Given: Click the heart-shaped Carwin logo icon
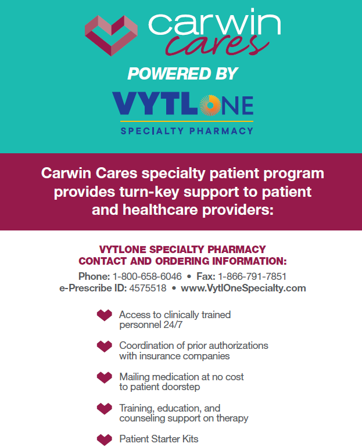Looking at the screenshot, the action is [111, 35].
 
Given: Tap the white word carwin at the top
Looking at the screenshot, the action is [214, 23].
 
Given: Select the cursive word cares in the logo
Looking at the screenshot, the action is [217, 45].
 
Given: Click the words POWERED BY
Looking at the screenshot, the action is [182, 74].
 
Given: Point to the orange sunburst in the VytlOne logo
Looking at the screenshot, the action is [210, 105].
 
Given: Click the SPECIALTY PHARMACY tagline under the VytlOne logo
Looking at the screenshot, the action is [187, 131].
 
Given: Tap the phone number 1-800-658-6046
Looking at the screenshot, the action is [147, 276].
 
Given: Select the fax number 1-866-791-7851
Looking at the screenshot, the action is [252, 276].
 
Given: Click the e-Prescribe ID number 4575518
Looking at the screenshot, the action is [148, 288].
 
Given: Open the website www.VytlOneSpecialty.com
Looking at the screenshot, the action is [243, 288].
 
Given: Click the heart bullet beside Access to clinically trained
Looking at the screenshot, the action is [105, 315].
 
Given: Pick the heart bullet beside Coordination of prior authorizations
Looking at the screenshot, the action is [105, 347].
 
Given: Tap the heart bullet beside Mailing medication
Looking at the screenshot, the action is [105, 377].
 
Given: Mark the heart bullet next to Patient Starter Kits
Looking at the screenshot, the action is [105, 440].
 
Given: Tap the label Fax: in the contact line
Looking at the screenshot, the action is [206, 276].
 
